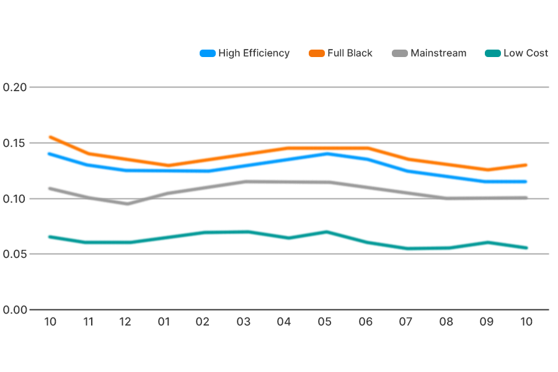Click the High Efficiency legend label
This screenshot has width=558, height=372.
click(x=254, y=53)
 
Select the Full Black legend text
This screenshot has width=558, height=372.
click(x=350, y=53)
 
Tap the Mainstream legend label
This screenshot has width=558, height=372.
click(x=438, y=53)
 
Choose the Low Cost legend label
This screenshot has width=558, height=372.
click(x=525, y=53)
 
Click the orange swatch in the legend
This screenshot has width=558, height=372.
click(x=316, y=53)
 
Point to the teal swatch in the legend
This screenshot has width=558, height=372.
click(x=492, y=53)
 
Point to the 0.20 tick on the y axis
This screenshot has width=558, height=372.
click(x=15, y=87)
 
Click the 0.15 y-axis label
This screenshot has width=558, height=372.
click(x=15, y=143)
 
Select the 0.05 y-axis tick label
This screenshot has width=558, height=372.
click(x=15, y=254)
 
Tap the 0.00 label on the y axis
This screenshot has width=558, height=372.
click(x=15, y=310)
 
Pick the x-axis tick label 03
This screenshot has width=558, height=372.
click(x=244, y=322)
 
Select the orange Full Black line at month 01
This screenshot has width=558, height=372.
click(x=167, y=166)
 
